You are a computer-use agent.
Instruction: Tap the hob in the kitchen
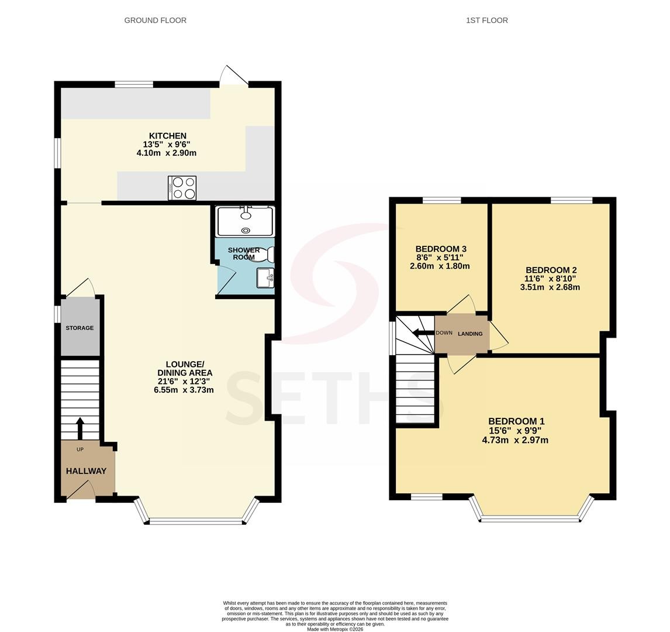182,188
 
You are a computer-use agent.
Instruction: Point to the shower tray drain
246,231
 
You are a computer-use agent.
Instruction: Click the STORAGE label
80,328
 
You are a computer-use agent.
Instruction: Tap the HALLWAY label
86,471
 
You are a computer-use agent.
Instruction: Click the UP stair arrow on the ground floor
80,428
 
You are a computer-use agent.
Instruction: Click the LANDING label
470,334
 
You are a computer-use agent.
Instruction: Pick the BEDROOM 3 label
441,249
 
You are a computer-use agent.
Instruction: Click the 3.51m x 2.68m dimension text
550,287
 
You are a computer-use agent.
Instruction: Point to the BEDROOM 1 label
517,421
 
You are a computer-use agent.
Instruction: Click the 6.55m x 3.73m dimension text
184,390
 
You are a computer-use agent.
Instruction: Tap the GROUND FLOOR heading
155,20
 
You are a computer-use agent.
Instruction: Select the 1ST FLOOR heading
486,20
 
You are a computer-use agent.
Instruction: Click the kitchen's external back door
234,75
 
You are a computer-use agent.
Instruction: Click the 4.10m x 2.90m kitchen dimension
167,153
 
